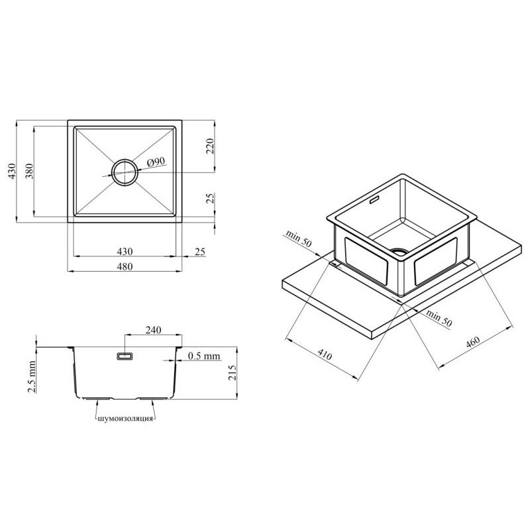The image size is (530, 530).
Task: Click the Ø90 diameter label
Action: click(x=156, y=162)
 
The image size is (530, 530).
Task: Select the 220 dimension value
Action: click(x=210, y=146)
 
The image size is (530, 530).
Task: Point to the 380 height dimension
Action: click(x=29, y=171)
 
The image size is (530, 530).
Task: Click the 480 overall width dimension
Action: click(x=125, y=266)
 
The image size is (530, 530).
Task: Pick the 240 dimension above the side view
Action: click(x=153, y=329)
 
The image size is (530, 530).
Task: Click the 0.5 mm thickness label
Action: click(x=204, y=356)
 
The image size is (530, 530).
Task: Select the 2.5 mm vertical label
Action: click(x=31, y=376)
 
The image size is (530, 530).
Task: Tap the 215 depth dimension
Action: click(x=233, y=372)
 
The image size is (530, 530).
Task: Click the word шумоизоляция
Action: click(x=125, y=419)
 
